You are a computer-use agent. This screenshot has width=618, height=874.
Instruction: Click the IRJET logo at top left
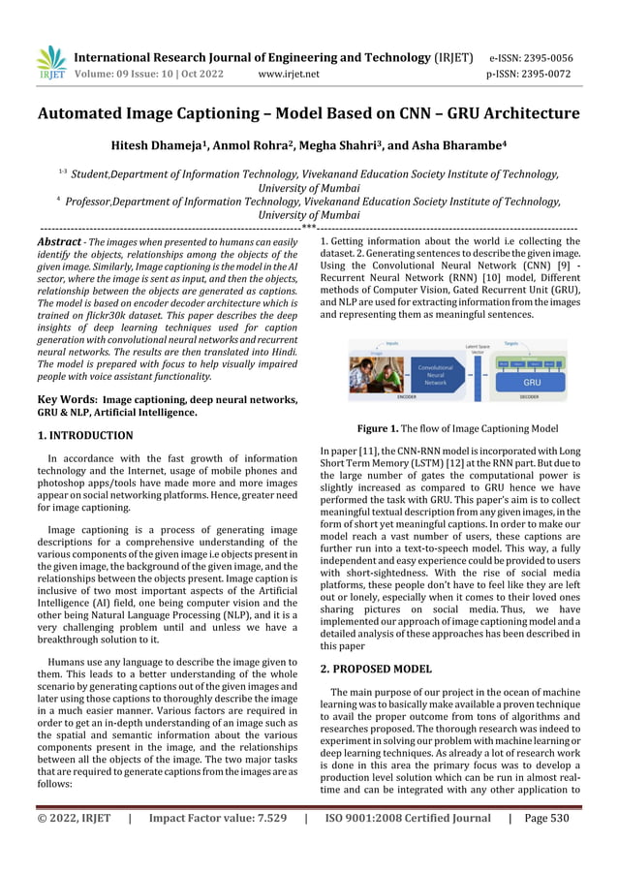[50, 63]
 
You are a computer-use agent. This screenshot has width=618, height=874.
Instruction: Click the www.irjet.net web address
[289, 73]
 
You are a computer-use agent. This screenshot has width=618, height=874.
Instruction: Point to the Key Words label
[65, 398]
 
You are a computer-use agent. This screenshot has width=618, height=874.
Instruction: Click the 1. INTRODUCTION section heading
[85, 436]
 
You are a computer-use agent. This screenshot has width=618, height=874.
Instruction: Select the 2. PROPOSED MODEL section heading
[376, 669]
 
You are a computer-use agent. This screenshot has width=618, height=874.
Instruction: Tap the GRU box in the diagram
[531, 382]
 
